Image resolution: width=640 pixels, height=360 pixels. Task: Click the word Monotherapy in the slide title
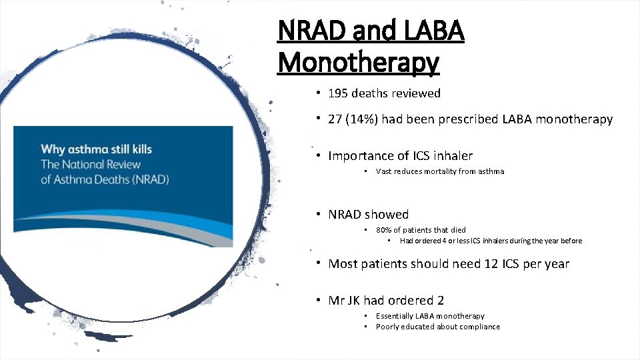click(358, 63)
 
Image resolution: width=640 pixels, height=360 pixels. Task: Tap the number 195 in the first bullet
click(339, 93)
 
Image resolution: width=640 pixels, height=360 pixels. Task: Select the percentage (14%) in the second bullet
click(361, 119)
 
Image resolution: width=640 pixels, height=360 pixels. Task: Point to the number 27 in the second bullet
click(335, 119)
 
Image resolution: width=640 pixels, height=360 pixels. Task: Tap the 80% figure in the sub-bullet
click(385, 230)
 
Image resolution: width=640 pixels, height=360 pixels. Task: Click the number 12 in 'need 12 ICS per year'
click(491, 264)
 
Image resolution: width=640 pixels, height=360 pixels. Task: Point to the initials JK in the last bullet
click(353, 301)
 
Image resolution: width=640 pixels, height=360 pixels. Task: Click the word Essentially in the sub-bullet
click(394, 316)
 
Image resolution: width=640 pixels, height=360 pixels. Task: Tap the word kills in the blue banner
click(137, 148)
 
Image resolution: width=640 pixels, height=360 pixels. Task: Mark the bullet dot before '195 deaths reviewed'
click(320, 93)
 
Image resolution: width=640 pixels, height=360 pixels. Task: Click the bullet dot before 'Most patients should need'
click(320, 263)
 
